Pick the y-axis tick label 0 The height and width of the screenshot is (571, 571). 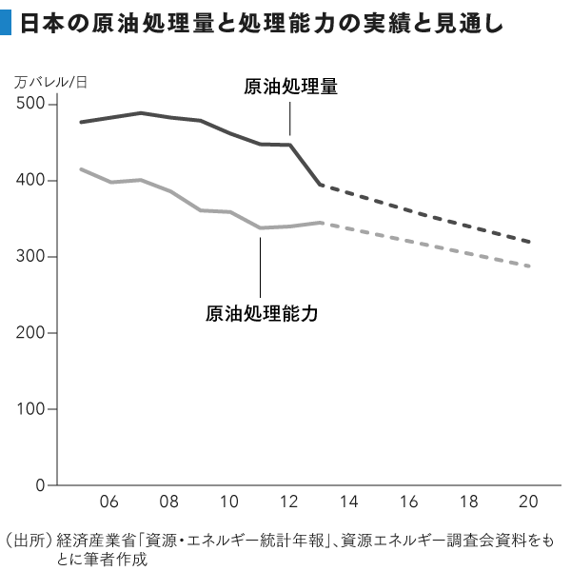click(x=41, y=485)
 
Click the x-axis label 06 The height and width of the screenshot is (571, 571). click(x=109, y=502)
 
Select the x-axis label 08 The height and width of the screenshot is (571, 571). click(x=169, y=502)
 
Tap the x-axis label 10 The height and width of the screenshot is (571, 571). click(x=229, y=502)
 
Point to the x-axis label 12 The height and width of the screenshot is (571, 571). click(x=289, y=502)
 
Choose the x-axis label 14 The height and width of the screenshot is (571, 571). click(x=349, y=502)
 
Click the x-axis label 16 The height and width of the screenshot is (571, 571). click(x=409, y=502)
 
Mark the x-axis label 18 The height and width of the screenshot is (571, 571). click(x=469, y=502)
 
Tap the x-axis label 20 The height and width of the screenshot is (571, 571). click(x=529, y=502)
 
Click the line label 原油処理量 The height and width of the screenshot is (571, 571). click(x=291, y=88)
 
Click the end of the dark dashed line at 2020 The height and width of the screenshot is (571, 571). click(x=529, y=242)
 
